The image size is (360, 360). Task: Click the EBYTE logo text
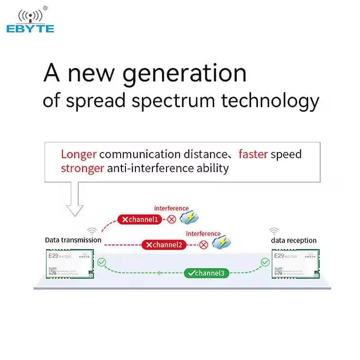pos(30,29)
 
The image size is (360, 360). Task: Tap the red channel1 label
pos(140,220)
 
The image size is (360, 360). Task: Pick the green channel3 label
pos(205,273)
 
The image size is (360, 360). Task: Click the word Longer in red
pos(79,154)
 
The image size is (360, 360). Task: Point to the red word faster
pos(253,154)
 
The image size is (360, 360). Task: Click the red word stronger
pos(82,168)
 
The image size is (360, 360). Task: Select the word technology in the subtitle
pos(270,101)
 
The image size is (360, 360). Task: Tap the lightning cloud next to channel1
pos(189,218)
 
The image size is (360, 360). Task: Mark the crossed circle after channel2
pos(203,245)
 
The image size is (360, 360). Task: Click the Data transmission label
pos(73,240)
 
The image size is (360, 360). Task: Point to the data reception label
pos(293,240)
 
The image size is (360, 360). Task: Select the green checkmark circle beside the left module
pos(102,261)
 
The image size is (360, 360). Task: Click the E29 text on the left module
pos(53,256)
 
